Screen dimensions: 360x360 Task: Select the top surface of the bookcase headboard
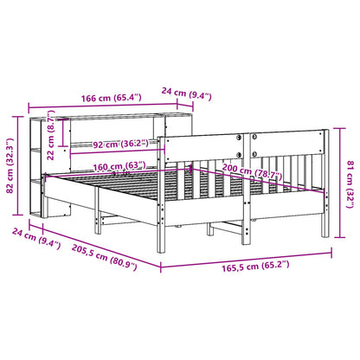[x=112, y=117]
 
